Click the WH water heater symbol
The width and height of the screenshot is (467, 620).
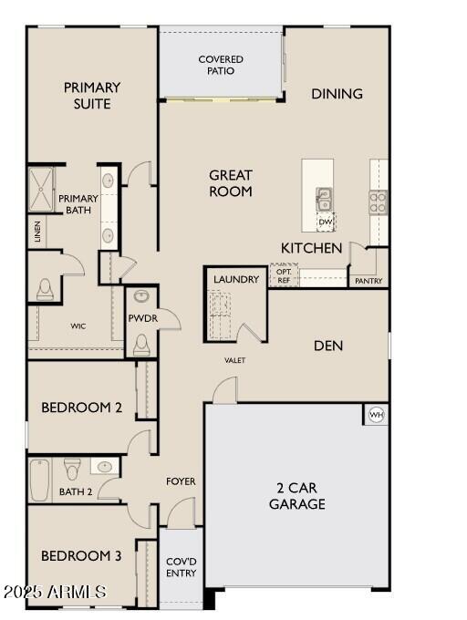(x=376, y=415)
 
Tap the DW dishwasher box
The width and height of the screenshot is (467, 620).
(x=326, y=222)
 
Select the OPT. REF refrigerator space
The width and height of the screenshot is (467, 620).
(x=284, y=275)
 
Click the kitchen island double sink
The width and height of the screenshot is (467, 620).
(x=324, y=200)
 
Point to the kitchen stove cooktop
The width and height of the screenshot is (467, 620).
(x=378, y=202)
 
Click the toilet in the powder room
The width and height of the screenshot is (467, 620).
(x=141, y=346)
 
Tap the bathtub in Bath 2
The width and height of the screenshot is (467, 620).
(x=40, y=480)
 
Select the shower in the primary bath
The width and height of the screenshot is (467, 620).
(x=41, y=190)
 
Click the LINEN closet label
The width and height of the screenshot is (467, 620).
(x=37, y=232)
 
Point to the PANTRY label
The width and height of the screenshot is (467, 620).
(x=368, y=281)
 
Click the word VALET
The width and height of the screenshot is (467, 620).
(x=235, y=360)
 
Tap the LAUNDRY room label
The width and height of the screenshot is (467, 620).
(x=236, y=279)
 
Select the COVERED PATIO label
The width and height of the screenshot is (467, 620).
(x=221, y=65)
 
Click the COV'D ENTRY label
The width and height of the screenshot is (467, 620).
(x=182, y=567)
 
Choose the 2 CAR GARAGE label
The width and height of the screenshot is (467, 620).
(x=297, y=496)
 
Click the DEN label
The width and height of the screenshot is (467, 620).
(x=328, y=346)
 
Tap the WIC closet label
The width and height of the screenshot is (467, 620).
(x=78, y=326)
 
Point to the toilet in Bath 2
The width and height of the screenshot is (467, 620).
(x=72, y=468)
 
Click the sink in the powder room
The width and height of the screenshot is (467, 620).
(x=141, y=296)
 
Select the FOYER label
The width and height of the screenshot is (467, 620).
(x=181, y=481)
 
